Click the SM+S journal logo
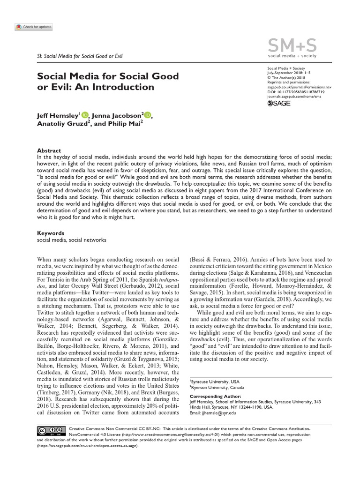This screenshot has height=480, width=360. (x=292, y=48)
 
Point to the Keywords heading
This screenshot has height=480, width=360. (x=51, y=233)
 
